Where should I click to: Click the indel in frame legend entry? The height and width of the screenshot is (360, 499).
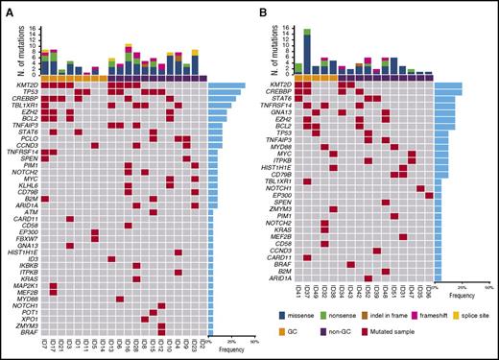[x=410, y=315]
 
